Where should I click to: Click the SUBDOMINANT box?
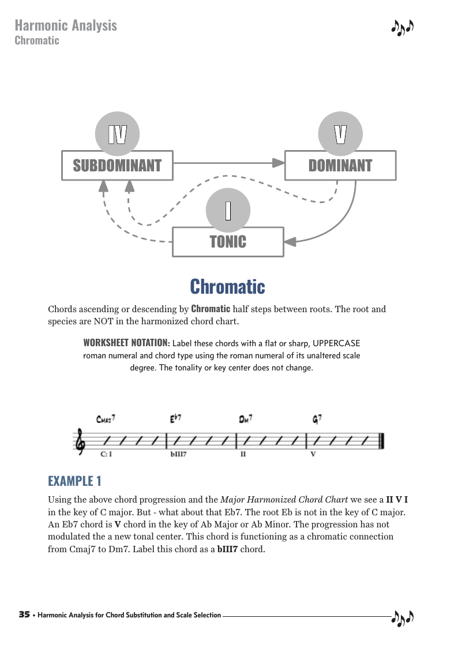click(x=117, y=166)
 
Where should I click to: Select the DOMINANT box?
click(x=340, y=166)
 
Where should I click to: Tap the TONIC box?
click(x=228, y=242)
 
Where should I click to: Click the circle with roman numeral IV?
click(x=117, y=134)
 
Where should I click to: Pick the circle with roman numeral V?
click(x=340, y=134)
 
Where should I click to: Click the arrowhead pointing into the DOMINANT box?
click(x=280, y=163)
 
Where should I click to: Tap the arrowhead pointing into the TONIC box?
click(x=290, y=242)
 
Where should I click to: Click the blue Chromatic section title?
click(x=228, y=286)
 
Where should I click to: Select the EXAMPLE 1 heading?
click(x=75, y=481)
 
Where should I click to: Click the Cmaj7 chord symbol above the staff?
click(x=106, y=419)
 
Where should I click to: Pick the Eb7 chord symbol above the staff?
click(x=176, y=419)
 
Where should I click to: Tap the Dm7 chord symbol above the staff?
click(x=246, y=419)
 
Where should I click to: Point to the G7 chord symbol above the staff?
click(x=317, y=419)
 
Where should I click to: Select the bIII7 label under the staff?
click(x=178, y=454)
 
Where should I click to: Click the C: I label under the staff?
click(x=106, y=454)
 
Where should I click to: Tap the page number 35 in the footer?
click(x=24, y=615)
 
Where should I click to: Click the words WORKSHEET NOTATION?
click(x=126, y=342)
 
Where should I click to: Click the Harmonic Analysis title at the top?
click(x=66, y=25)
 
